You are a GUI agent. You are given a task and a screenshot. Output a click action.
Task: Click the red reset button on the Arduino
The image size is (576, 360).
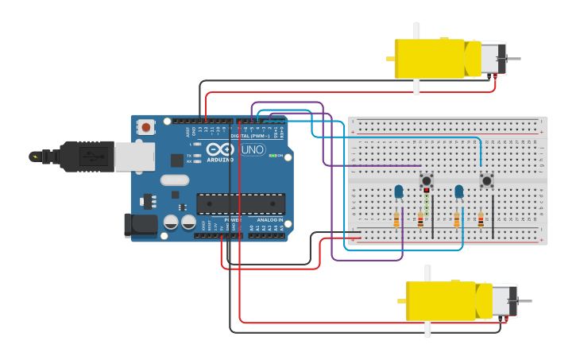click(x=146, y=126)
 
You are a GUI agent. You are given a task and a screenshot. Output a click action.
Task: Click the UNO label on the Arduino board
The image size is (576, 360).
click(x=253, y=149)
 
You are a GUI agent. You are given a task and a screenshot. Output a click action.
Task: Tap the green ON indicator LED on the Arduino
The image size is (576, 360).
click(x=272, y=155)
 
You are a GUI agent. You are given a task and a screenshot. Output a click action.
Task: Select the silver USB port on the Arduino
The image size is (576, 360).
click(x=133, y=157)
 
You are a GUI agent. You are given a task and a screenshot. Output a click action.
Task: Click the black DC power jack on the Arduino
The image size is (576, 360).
click(x=141, y=224)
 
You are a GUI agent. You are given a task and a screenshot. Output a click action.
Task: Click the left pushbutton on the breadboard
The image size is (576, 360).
click(x=427, y=180)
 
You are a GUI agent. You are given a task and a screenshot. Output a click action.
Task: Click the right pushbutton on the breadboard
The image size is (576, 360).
click(x=486, y=180)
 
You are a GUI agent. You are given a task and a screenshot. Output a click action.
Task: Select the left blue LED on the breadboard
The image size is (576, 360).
click(x=399, y=191)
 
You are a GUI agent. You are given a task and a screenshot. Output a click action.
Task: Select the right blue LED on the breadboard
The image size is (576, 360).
click(x=459, y=191)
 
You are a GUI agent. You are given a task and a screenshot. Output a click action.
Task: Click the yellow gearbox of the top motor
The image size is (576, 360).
click(x=429, y=58)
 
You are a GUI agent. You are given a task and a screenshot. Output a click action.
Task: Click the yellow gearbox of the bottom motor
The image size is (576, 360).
click(x=441, y=301)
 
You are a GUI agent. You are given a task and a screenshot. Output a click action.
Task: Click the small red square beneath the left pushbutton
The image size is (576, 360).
click(x=427, y=191)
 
